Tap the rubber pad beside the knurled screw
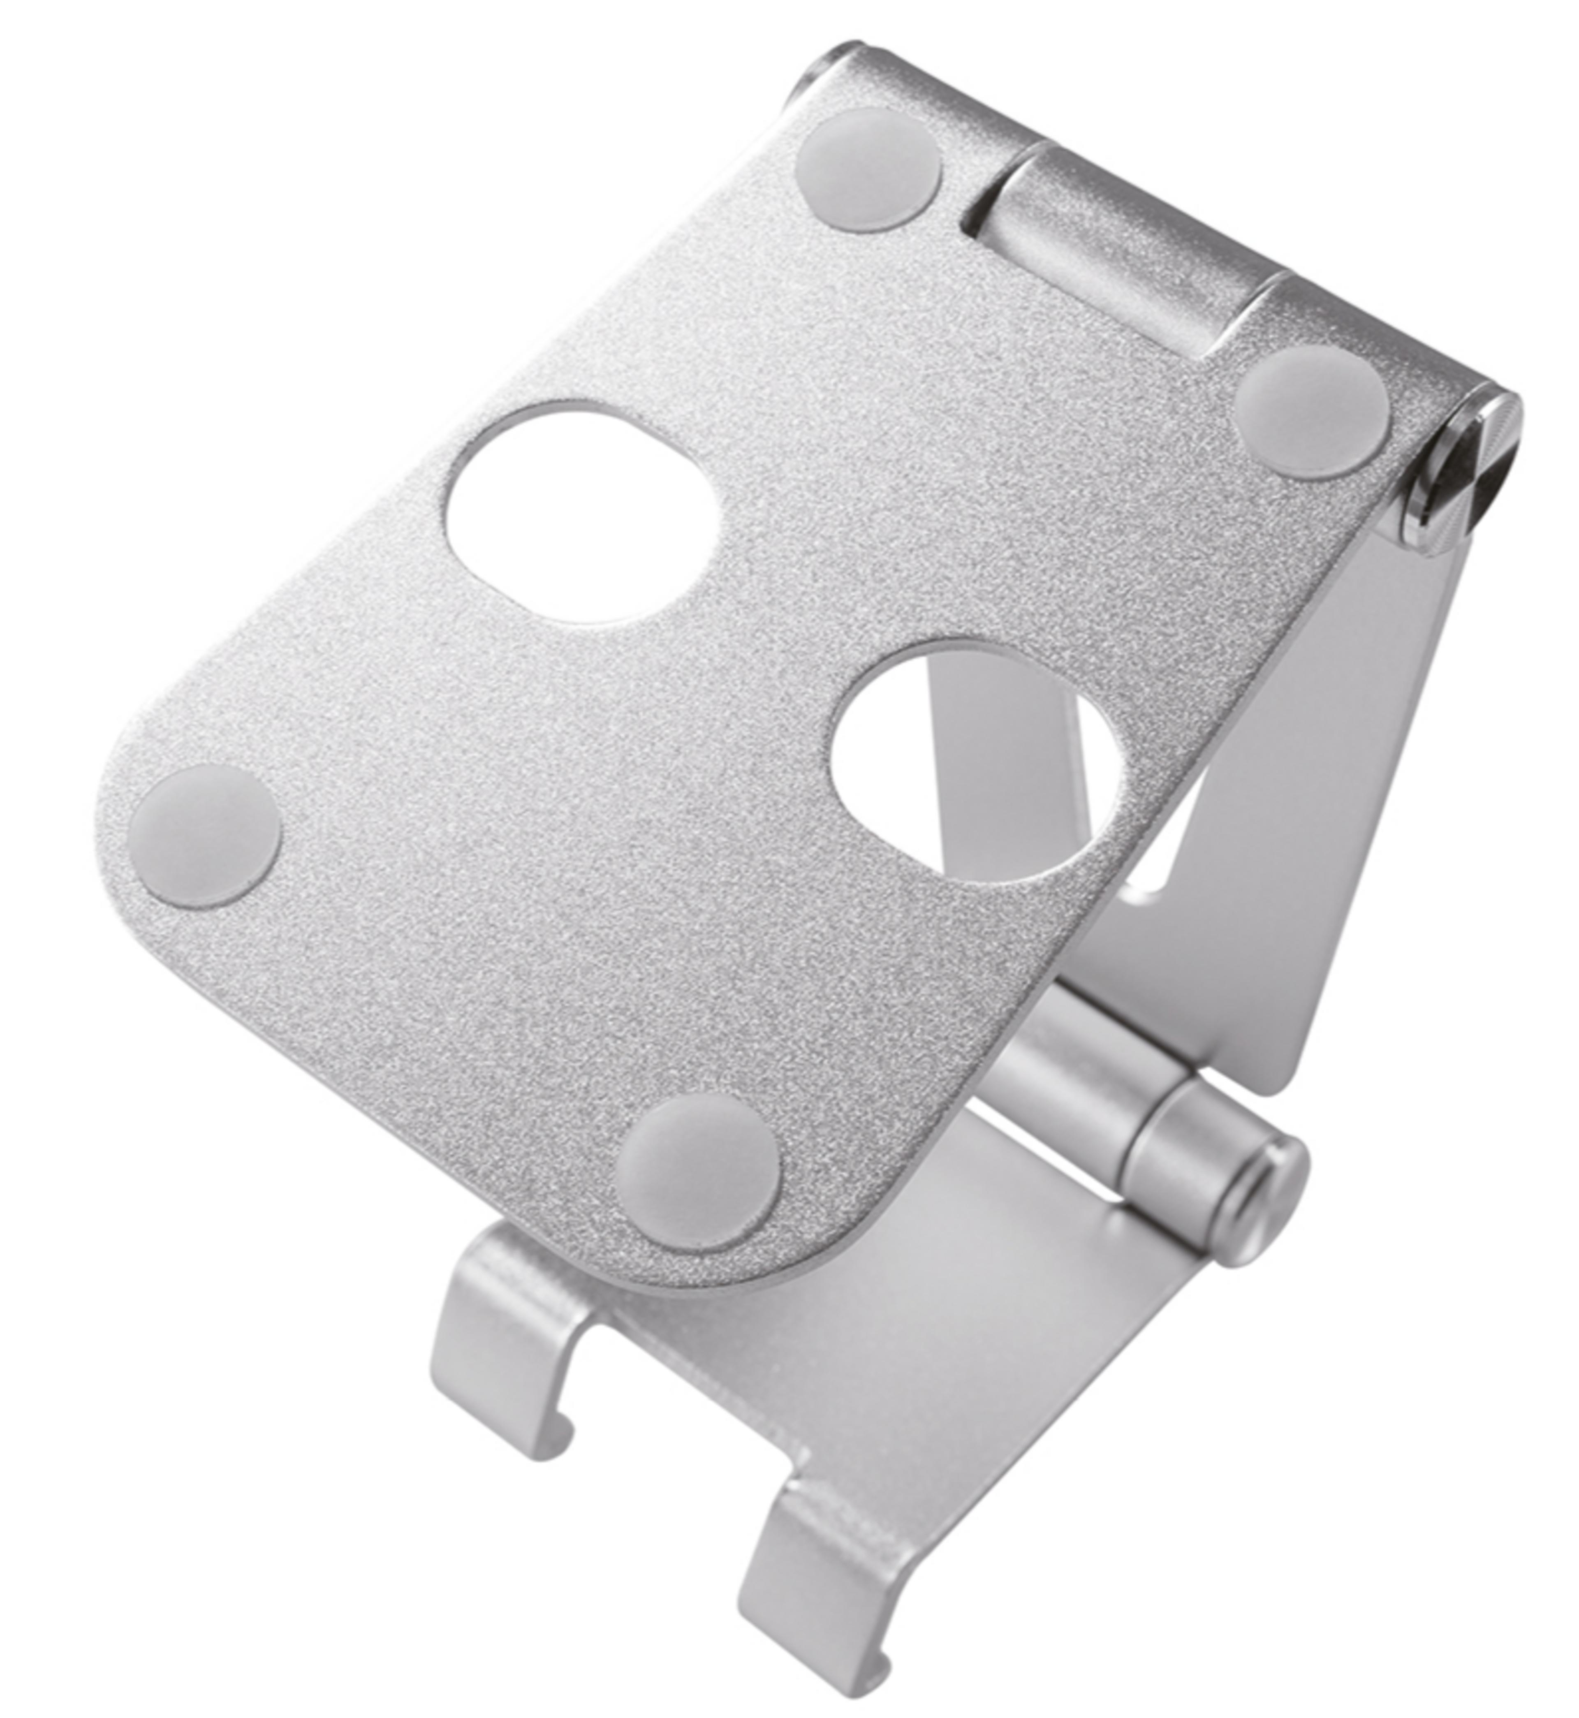pos(1312,414)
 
